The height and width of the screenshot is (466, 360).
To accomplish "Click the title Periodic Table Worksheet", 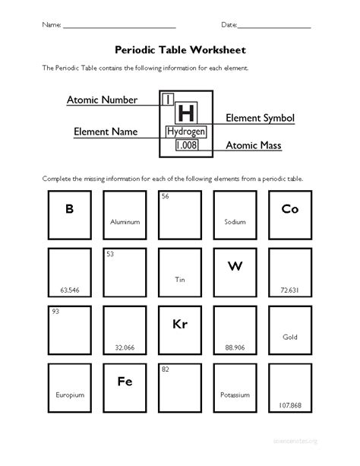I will coord(180,49).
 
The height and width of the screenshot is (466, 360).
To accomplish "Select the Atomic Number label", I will coord(102,100).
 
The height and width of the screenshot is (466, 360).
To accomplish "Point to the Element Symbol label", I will coord(260,119).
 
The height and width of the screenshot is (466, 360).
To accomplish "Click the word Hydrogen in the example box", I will coord(186,132).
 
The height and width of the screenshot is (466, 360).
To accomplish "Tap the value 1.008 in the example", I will coord(186,144).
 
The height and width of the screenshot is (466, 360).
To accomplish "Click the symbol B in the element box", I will coord(69,209).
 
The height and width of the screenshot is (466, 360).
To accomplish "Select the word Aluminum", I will coord(125,222).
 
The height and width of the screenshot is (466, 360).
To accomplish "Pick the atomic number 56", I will coord(164,196).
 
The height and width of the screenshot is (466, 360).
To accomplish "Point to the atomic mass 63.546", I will coord(69,290).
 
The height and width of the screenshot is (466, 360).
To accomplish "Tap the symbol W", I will coord(234,266).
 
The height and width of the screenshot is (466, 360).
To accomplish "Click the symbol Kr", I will coord(180,325).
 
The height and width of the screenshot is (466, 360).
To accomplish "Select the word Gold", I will coord(289,336).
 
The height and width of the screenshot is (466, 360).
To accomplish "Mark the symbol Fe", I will coord(125,382).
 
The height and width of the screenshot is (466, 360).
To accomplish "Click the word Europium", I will coord(69,395).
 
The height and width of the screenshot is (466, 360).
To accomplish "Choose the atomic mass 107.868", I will coord(289,405).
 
